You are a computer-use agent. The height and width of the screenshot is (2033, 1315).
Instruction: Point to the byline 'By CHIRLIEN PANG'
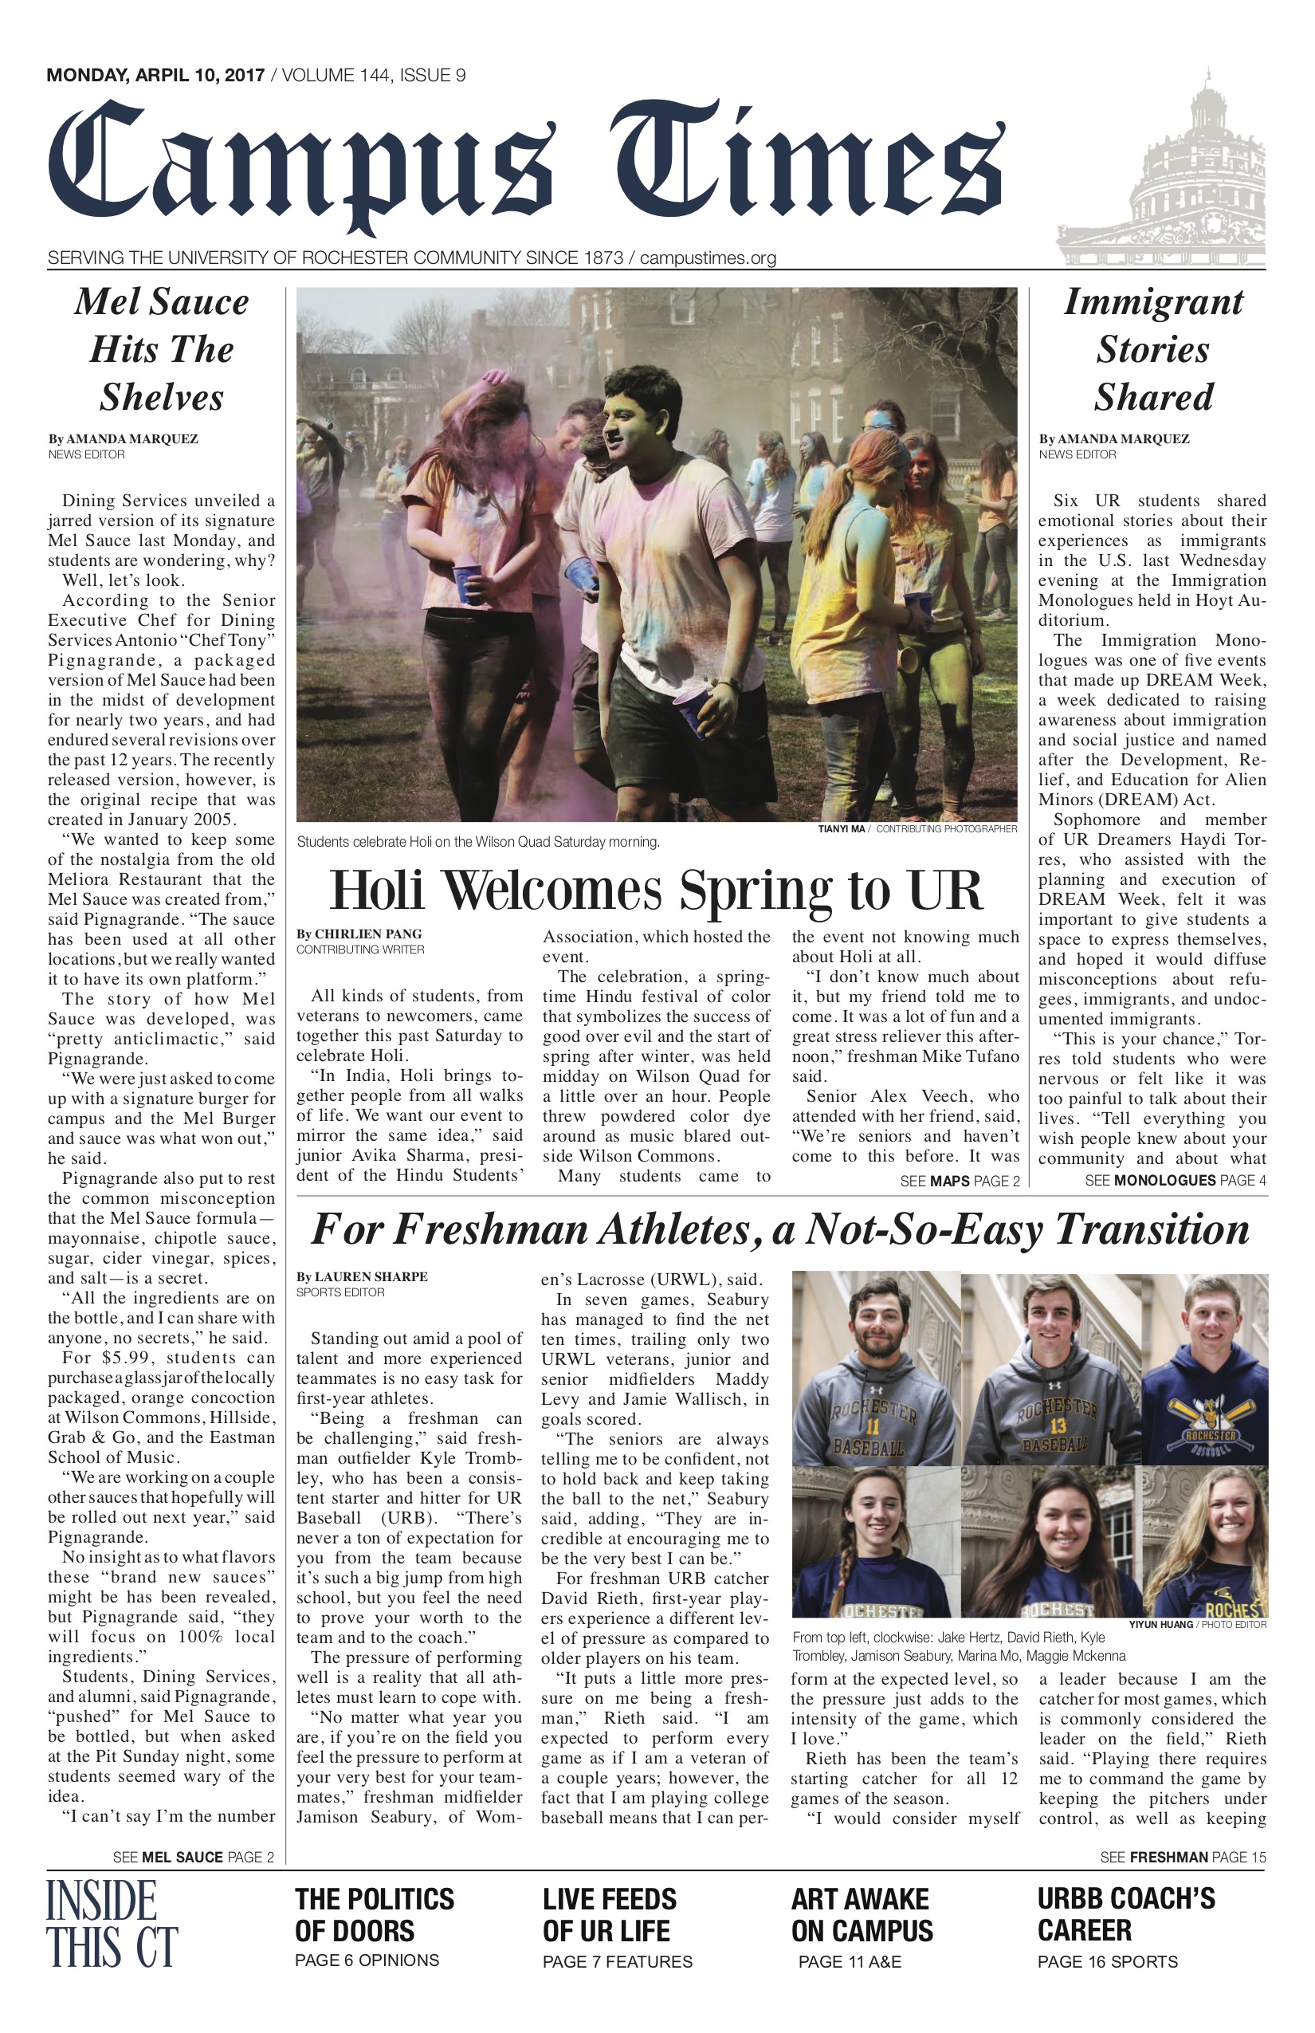coord(359,934)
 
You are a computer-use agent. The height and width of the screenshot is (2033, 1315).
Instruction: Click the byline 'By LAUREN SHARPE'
coord(362,1276)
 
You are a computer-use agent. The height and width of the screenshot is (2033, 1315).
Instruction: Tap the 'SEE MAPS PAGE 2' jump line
coord(960,1181)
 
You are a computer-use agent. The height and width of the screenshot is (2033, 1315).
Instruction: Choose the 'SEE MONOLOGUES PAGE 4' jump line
coord(1175,1181)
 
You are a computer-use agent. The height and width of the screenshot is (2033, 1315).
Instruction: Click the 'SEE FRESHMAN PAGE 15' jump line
coord(1183,1856)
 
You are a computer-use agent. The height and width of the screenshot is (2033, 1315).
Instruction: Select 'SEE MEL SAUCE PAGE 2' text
coord(194,1856)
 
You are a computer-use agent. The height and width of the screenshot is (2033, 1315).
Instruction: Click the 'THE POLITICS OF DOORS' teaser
coord(375,1914)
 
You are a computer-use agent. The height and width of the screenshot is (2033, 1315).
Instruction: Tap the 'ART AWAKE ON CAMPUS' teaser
coord(862,1914)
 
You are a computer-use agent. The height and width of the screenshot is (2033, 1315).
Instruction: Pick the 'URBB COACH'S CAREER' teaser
coord(1125,1914)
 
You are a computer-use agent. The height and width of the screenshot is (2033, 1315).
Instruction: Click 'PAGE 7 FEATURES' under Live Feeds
coord(618,1961)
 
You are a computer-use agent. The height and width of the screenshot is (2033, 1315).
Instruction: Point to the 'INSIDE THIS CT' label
coord(112,1923)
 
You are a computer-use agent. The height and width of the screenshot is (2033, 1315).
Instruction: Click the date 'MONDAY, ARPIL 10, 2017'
coord(155,75)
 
